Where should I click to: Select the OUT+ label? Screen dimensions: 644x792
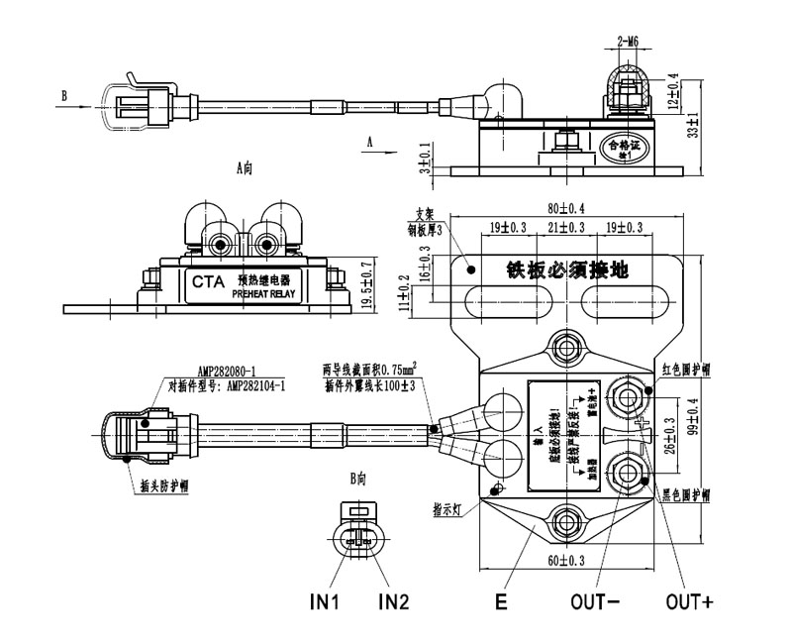689,601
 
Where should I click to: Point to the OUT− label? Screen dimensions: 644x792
595,601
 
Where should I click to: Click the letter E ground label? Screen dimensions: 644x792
501,601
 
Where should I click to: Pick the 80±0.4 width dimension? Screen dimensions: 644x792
566,209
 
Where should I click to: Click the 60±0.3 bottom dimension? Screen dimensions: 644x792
566,561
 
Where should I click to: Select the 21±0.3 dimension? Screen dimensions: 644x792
566,228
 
